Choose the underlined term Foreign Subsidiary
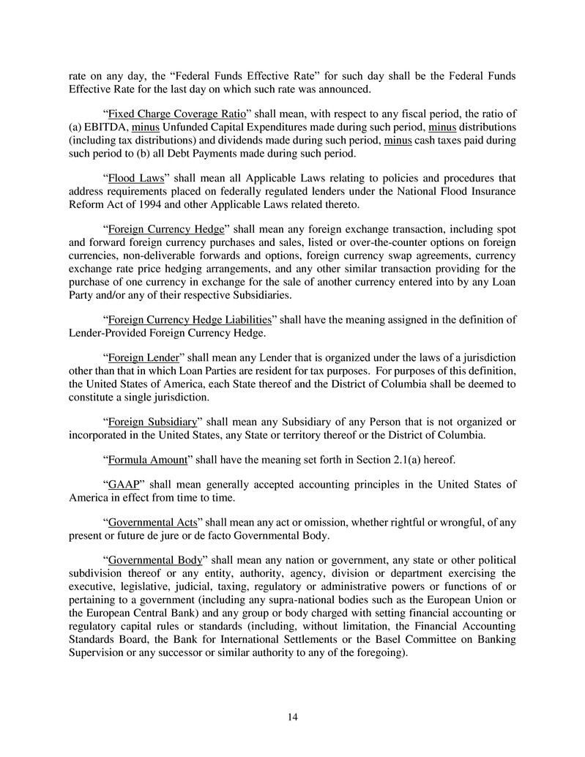152,422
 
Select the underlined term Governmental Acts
152,523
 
